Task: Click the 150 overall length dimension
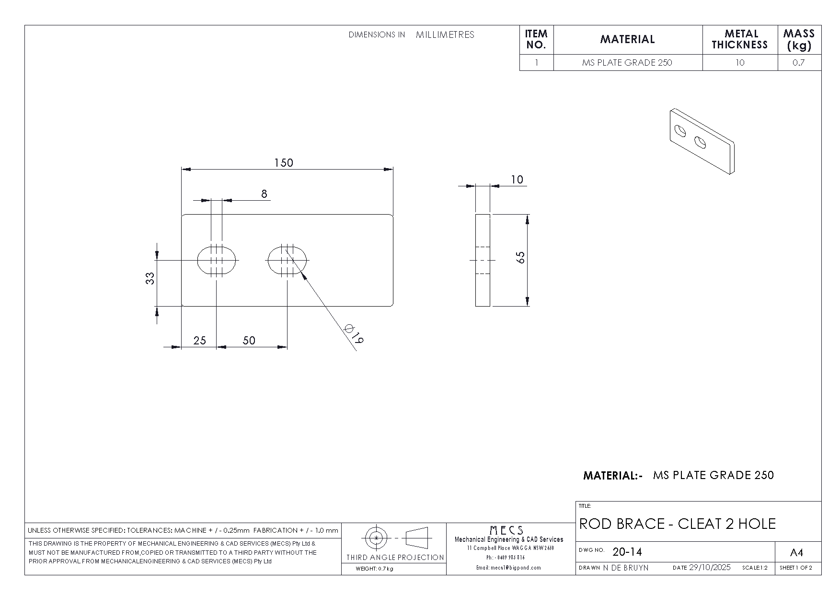(283, 163)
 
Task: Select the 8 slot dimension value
(264, 194)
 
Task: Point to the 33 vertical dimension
(150, 278)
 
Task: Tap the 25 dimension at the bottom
(200, 340)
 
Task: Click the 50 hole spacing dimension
(249, 340)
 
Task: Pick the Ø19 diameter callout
(355, 333)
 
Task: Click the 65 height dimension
(521, 257)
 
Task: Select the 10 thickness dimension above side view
(517, 180)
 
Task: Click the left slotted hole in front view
(217, 260)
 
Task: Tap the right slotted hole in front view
(287, 260)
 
